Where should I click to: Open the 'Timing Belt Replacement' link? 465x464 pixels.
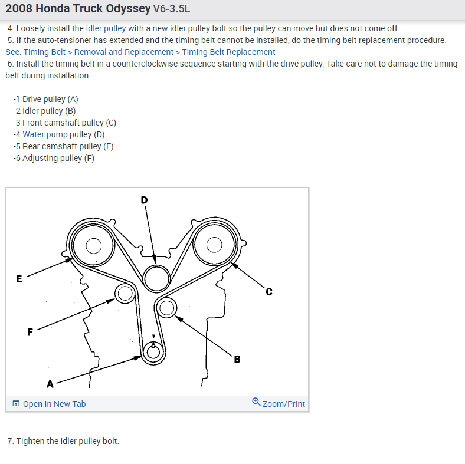(228, 52)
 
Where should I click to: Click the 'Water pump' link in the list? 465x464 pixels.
(45, 134)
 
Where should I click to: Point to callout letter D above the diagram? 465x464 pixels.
(144, 200)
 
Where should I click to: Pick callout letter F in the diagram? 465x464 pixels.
(30, 332)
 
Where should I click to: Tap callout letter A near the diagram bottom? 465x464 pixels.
(50, 384)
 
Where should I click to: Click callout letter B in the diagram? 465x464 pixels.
(237, 359)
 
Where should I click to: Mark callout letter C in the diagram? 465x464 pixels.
(268, 291)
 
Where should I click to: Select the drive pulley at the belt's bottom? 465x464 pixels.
(153, 352)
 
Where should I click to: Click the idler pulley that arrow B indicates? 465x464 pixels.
(166, 307)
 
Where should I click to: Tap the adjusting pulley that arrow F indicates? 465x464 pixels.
(124, 293)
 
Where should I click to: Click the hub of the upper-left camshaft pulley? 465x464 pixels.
(94, 245)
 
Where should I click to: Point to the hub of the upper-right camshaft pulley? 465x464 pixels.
(214, 243)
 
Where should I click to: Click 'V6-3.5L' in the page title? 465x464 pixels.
(172, 9)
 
